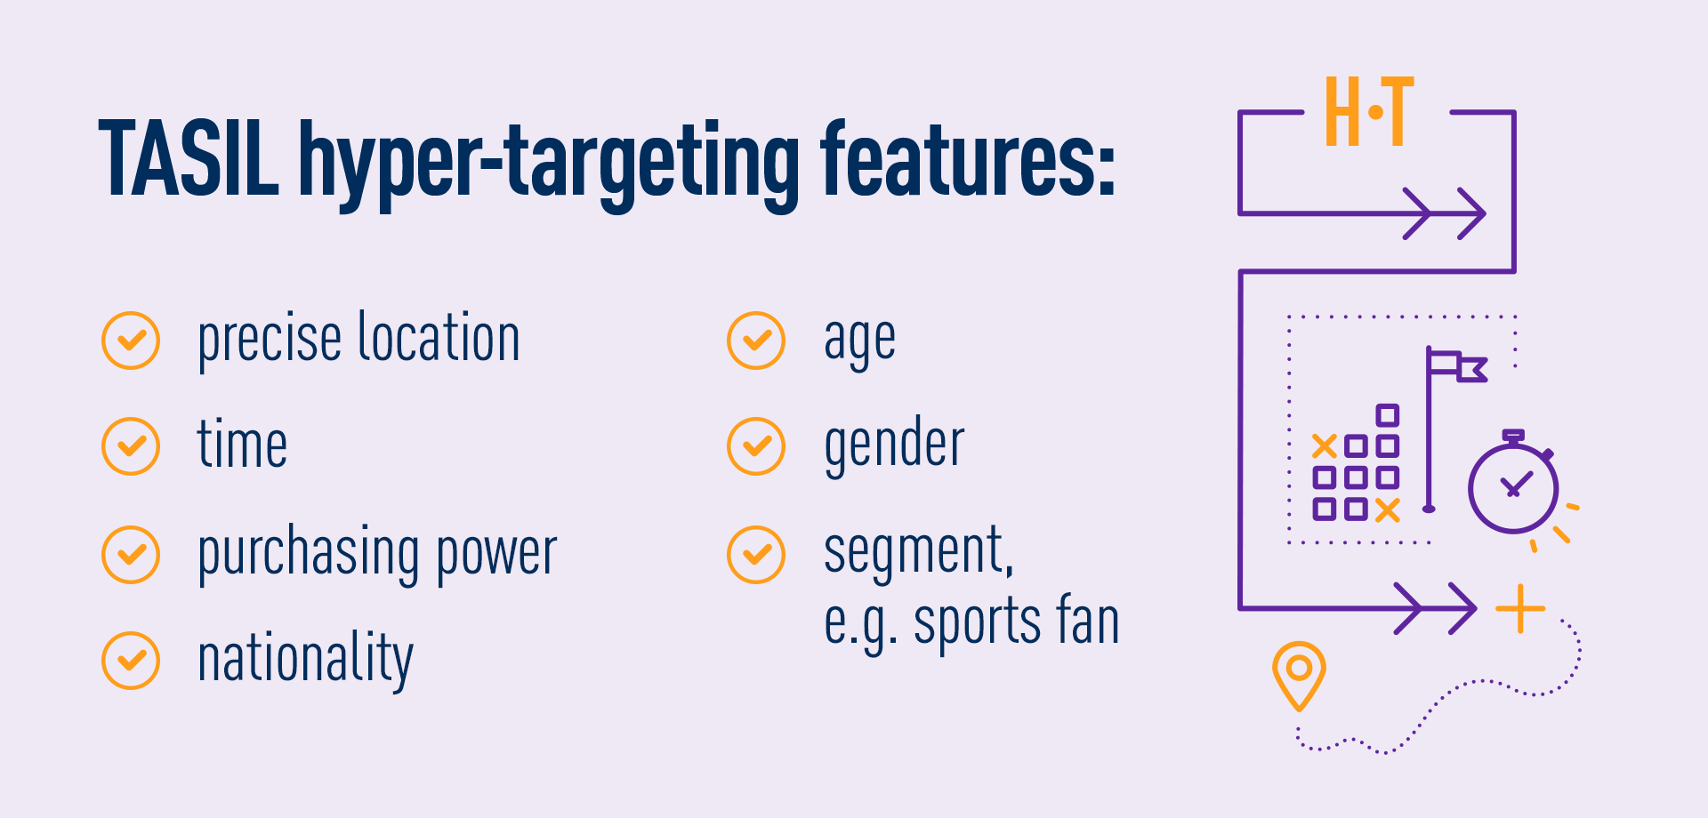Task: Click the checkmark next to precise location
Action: pyautogui.click(x=131, y=340)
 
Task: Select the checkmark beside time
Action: pyautogui.click(x=131, y=446)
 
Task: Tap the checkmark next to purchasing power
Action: pyautogui.click(x=131, y=555)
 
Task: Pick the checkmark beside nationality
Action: pyautogui.click(x=131, y=661)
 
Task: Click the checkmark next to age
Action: pyautogui.click(x=756, y=340)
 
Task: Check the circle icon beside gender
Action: pyautogui.click(x=756, y=446)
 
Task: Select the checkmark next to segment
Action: pyautogui.click(x=756, y=555)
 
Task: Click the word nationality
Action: pyautogui.click(x=305, y=660)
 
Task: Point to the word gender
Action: pyautogui.click(x=893, y=445)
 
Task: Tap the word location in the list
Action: pyautogui.click(x=439, y=338)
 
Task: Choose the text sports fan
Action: pyautogui.click(x=1016, y=622)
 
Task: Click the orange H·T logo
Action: pyautogui.click(x=1368, y=112)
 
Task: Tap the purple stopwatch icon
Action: pyautogui.click(x=1512, y=485)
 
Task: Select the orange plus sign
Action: pyautogui.click(x=1520, y=609)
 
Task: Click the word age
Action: pyautogui.click(x=859, y=341)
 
